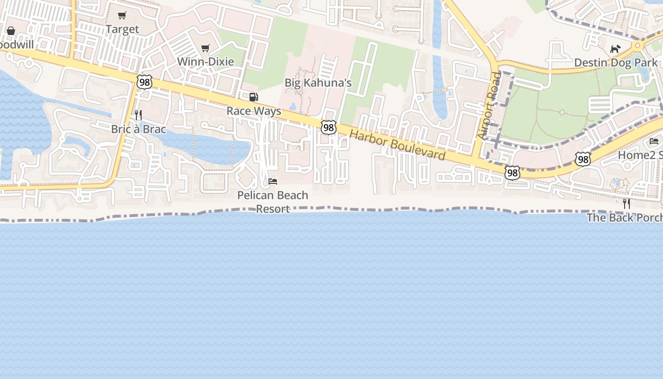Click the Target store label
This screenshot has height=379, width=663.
[x=122, y=29]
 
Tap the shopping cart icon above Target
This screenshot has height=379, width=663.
[x=122, y=16]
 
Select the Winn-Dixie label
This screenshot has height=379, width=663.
[x=206, y=62]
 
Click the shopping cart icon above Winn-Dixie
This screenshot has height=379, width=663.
[x=206, y=48]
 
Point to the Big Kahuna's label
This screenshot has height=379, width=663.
[x=318, y=83]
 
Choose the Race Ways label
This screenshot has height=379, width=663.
[x=254, y=111]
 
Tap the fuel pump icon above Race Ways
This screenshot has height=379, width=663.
[x=254, y=97]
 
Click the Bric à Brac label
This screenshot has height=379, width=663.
[x=138, y=129]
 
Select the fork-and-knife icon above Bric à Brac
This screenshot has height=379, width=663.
[x=138, y=115]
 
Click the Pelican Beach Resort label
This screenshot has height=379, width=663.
[x=273, y=202]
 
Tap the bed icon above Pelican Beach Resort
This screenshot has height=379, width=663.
[x=273, y=181]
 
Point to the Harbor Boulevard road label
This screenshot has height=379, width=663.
[x=397, y=144]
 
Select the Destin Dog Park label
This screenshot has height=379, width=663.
[x=616, y=63]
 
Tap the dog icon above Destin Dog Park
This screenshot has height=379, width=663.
[x=615, y=49]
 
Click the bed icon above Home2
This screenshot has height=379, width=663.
[x=654, y=141]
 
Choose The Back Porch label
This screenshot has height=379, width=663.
[x=624, y=217]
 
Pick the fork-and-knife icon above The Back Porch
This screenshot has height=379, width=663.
[x=627, y=204]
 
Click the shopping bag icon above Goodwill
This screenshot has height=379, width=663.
[x=11, y=31]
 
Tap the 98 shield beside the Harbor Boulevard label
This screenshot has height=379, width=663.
[x=329, y=127]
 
